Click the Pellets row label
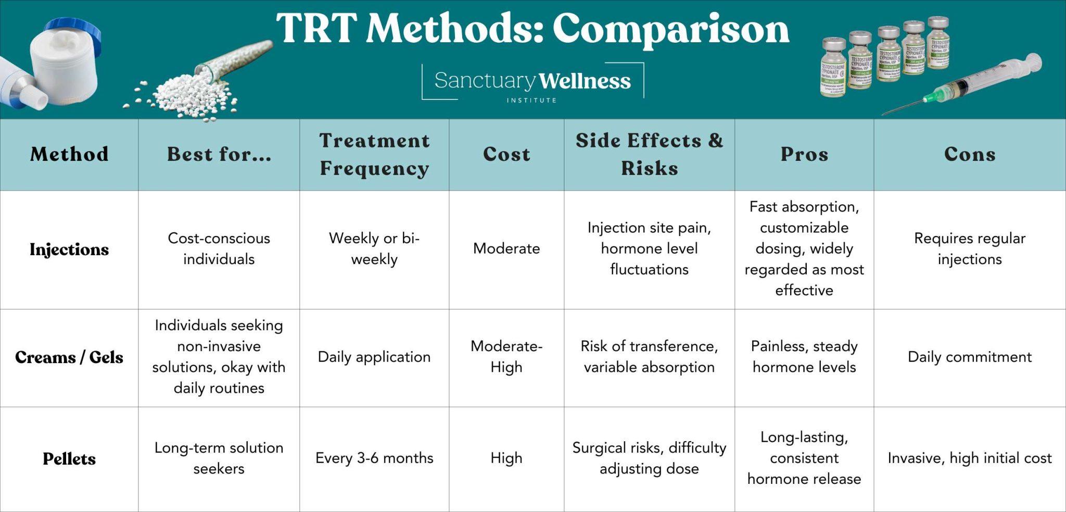pos(69,459)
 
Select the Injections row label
pos(69,249)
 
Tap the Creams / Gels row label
pos(69,357)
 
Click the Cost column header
pos(506,154)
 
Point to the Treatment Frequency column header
pos(374,154)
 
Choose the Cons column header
pos(970,154)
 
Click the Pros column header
pos(804,154)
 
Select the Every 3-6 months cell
pos(374,458)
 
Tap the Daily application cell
pos(374,357)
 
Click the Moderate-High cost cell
pos(506,357)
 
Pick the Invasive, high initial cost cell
pos(970,458)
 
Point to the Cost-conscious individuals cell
pos(219,249)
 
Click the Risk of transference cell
pos(649,357)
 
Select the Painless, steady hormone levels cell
pos(804,357)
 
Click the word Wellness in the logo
pos(585,81)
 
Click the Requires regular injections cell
pos(970,249)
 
